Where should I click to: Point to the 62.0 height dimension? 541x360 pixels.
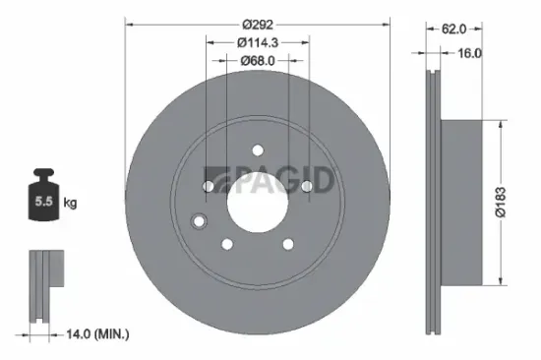(453, 30)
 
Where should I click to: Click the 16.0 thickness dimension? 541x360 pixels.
(469, 53)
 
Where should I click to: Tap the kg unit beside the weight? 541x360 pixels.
(71, 204)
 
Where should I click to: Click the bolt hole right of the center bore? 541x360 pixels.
(306, 186)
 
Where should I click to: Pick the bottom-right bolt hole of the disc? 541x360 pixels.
(288, 243)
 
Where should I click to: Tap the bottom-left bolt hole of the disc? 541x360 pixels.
(227, 243)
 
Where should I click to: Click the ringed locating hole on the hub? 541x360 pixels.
(200, 220)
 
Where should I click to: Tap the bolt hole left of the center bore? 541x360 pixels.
(209, 186)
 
